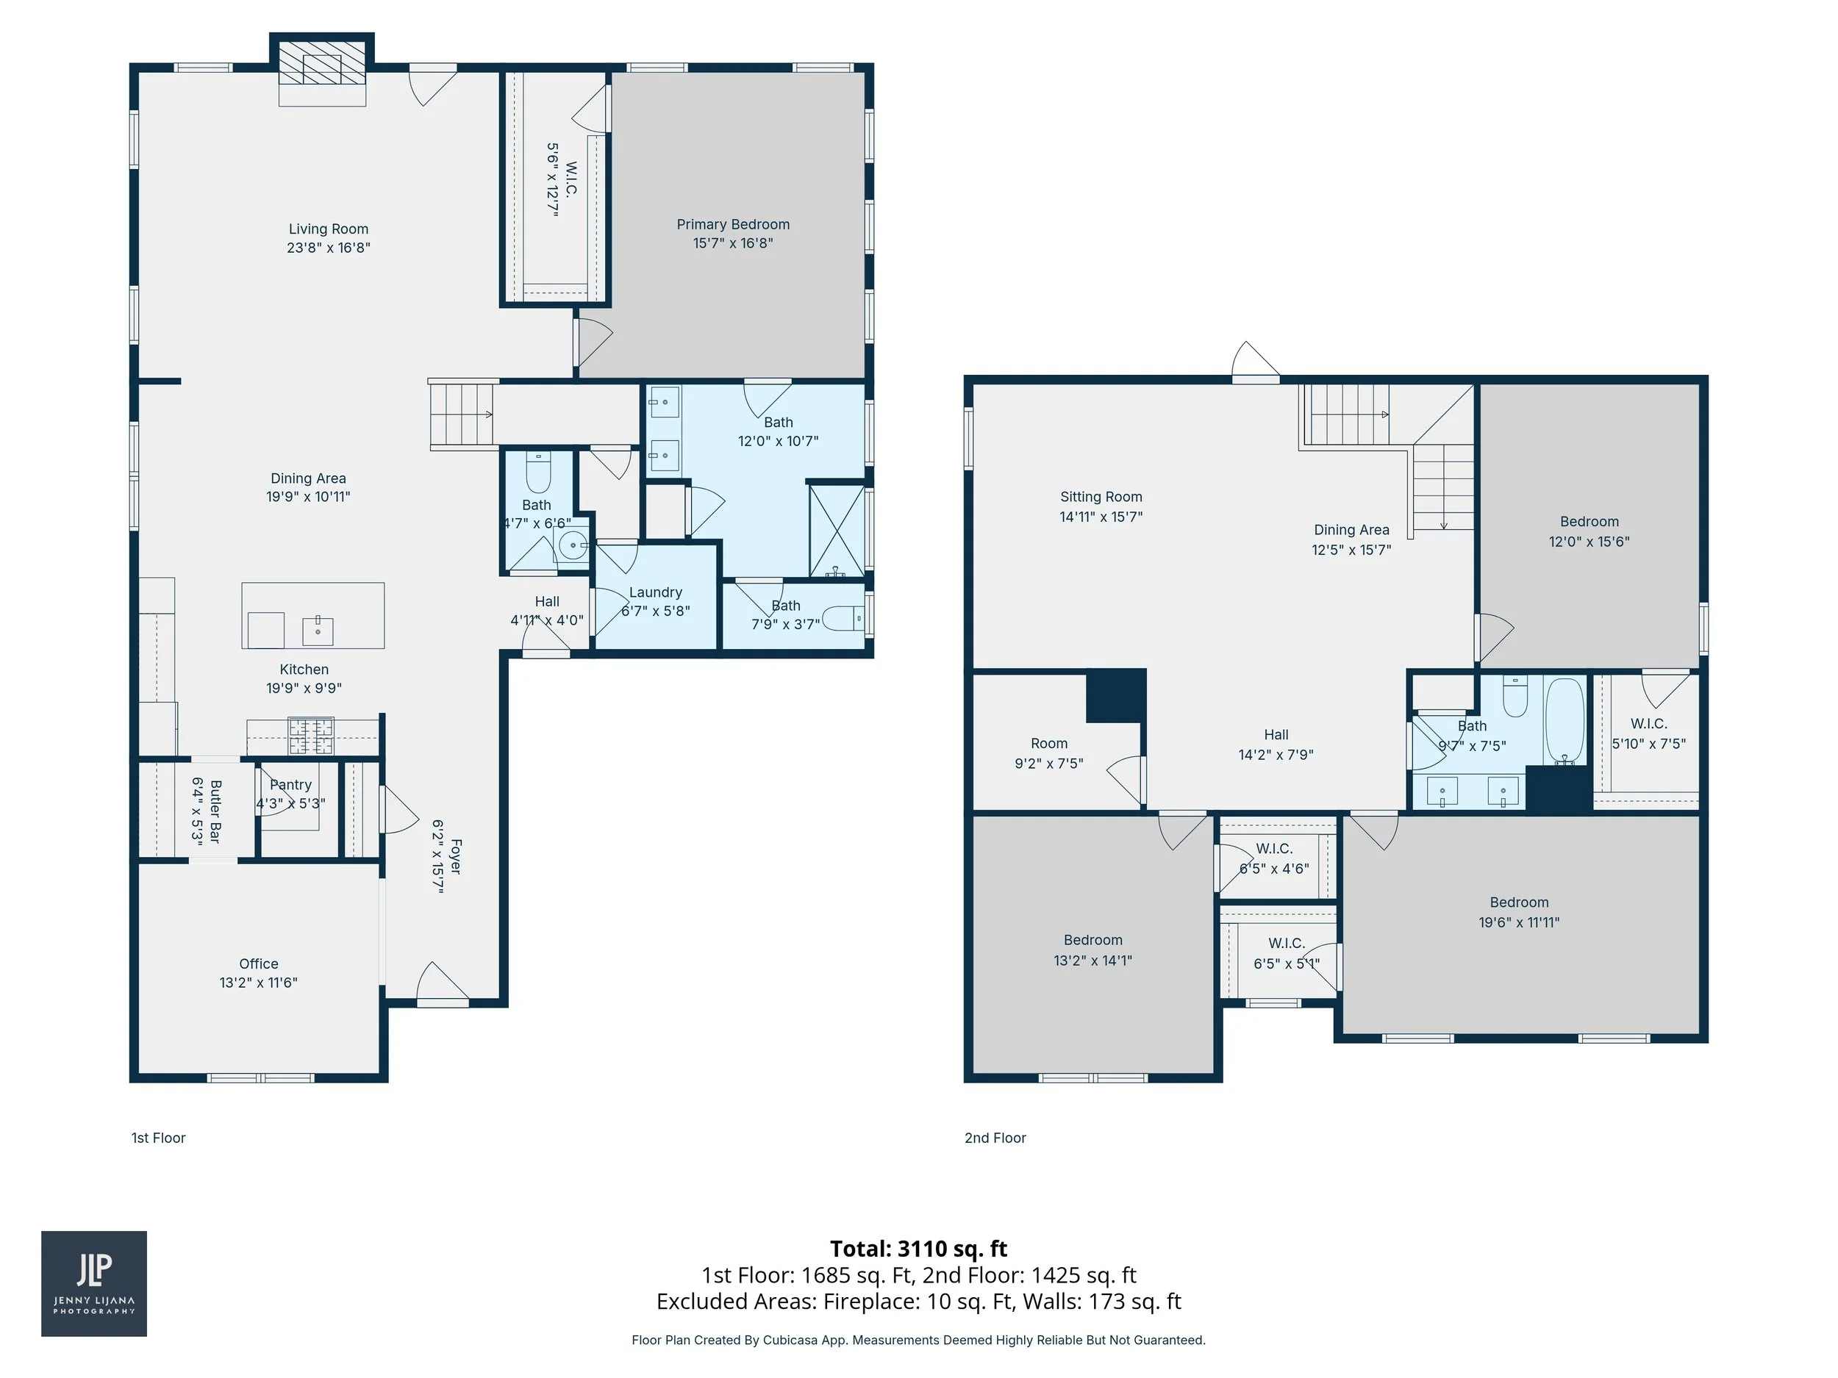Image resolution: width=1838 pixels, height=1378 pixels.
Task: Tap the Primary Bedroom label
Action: [732, 224]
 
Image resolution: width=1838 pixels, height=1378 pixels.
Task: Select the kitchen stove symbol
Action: [311, 735]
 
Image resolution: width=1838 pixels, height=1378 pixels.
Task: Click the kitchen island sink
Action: [318, 631]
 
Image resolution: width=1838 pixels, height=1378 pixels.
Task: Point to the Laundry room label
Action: [655, 592]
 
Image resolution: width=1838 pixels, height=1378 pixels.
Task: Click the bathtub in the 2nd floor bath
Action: [1565, 719]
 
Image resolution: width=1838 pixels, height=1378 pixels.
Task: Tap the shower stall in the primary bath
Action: [836, 530]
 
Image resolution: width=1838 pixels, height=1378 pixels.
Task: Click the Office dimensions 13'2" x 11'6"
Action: [257, 983]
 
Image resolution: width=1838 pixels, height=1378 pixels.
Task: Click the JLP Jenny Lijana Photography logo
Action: [94, 1283]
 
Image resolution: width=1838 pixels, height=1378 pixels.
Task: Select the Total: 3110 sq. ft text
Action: [918, 1249]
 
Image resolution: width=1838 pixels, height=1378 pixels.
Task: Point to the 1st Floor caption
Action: [158, 1138]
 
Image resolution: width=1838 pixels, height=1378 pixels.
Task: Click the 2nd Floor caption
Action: [995, 1138]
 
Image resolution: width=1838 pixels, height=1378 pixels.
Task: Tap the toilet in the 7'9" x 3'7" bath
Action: [843, 619]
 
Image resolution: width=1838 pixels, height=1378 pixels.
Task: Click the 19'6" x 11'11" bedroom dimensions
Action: [1518, 922]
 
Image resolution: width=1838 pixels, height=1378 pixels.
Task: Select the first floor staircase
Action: [462, 415]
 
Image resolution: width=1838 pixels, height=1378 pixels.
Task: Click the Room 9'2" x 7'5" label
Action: [1048, 744]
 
